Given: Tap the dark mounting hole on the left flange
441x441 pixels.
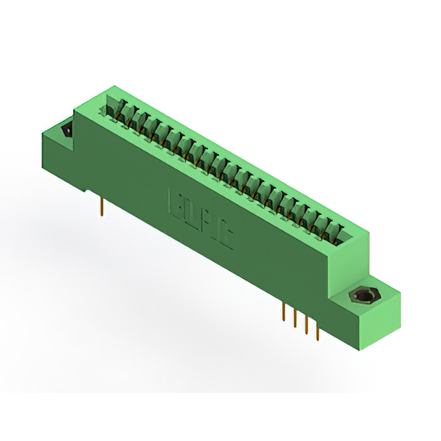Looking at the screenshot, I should (x=68, y=131).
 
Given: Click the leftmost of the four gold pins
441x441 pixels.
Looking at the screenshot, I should (x=284, y=311).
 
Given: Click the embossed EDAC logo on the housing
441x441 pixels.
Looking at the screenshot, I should (x=201, y=218).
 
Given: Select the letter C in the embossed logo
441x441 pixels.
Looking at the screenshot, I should (x=225, y=235).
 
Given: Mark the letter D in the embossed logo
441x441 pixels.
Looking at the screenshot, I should (x=192, y=214).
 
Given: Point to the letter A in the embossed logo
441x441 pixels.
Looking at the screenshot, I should (x=209, y=224).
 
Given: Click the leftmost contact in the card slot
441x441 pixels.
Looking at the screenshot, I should (x=119, y=110).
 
